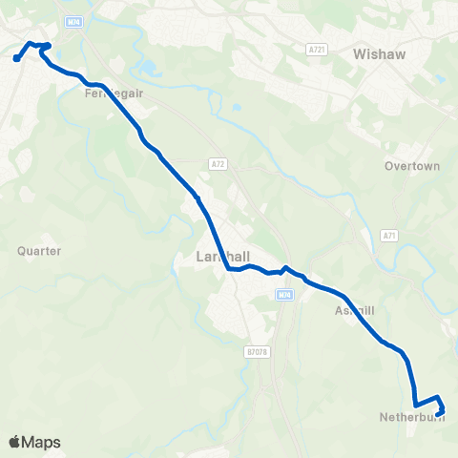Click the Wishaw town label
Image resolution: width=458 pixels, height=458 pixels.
(x=379, y=54)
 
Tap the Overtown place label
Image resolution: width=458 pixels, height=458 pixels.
(x=412, y=165)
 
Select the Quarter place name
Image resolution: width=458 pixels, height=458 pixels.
(x=39, y=251)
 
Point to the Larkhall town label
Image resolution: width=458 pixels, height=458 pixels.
(x=219, y=258)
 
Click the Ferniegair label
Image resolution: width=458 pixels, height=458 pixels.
(x=106, y=94)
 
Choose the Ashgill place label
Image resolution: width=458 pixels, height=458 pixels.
(x=358, y=311)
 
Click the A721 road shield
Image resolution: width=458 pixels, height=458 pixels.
(x=319, y=49)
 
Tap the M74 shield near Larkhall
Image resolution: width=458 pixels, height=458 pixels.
(x=283, y=295)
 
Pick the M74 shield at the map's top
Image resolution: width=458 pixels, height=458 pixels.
(x=75, y=20)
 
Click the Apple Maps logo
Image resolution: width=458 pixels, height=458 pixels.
(x=34, y=442)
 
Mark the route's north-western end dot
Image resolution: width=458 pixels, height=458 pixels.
(x=17, y=59)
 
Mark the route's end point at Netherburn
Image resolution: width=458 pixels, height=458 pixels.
(x=440, y=412)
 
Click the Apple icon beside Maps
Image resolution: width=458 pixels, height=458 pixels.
(x=14, y=442)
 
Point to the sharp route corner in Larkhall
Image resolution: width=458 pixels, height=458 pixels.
(x=230, y=269)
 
